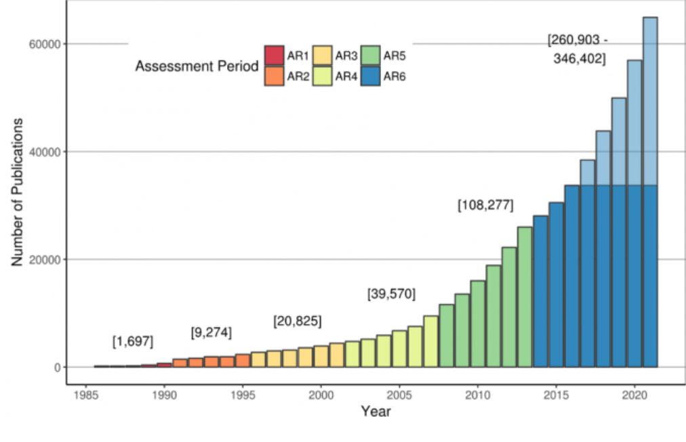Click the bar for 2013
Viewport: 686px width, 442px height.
pos(525,297)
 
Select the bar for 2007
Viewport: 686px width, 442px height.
pos(430,341)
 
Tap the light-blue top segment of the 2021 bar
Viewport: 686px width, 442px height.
pos(649,101)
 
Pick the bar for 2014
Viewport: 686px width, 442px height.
pos(540,291)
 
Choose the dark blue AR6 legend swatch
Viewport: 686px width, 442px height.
pos(371,76)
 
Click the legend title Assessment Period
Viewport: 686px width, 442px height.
pos(197,66)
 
